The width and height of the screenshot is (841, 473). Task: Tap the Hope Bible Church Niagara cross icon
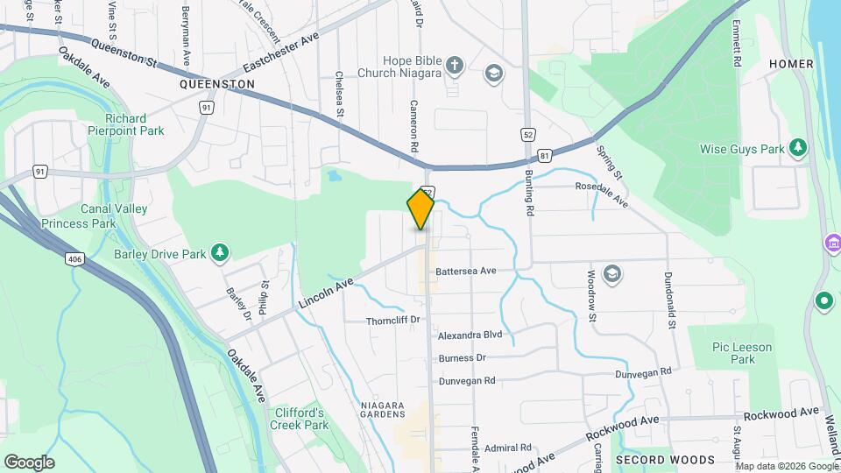(x=454, y=64)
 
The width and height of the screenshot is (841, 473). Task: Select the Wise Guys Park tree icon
(x=797, y=148)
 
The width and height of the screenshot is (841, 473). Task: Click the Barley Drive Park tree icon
(x=220, y=254)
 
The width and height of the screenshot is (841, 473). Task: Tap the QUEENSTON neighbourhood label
(x=216, y=84)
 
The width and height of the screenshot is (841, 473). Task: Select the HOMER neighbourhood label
(x=790, y=64)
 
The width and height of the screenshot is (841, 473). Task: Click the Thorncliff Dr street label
(x=394, y=321)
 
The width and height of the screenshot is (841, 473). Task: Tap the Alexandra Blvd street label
(x=470, y=335)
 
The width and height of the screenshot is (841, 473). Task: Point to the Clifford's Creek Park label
(x=300, y=419)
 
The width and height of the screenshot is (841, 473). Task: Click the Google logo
(x=29, y=462)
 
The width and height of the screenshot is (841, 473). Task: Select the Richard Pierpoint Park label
(x=126, y=124)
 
